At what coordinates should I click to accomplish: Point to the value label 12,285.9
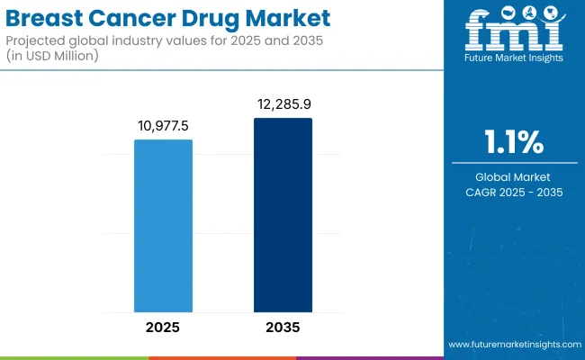coord(283,105)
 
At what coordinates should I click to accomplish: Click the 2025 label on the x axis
coord(163,328)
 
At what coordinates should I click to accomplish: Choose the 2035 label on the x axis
coord(283,328)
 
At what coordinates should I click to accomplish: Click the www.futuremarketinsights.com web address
coord(514,345)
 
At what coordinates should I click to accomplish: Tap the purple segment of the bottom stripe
coord(369,357)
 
